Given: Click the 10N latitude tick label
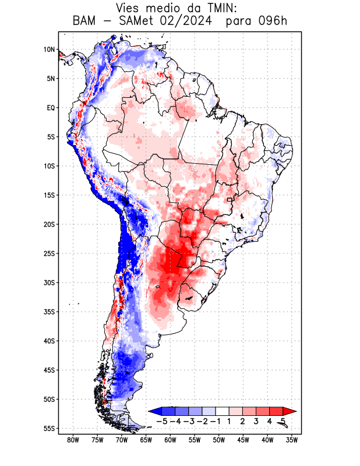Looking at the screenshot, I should pos(49,50).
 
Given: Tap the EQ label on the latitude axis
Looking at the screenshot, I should pos(51,108).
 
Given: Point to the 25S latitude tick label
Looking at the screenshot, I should pos(49,253).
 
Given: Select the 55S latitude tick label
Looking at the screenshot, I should pos(49,428).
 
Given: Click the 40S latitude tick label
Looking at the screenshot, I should pos(49,341).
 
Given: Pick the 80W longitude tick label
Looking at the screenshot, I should pos(73,440).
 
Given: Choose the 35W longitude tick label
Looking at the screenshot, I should pos(292,440).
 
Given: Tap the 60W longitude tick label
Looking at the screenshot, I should pos(170,440).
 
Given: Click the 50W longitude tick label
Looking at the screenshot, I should pos(219,440).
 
